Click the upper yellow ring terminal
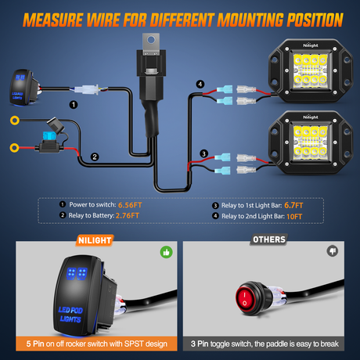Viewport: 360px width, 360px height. coord(13,121)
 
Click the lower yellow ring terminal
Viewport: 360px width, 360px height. coord(13,146)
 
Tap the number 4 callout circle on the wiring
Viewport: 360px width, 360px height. coord(200,85)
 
